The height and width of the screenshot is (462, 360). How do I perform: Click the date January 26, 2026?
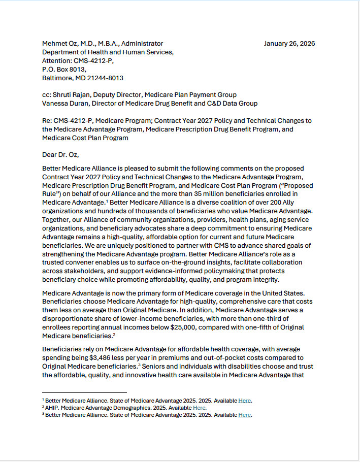[289, 44]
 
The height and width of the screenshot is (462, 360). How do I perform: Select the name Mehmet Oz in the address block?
[61, 44]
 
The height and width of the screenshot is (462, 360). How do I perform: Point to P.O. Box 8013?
[64, 70]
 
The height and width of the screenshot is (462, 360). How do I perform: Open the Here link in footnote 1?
[245, 401]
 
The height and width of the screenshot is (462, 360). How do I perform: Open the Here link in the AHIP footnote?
[199, 408]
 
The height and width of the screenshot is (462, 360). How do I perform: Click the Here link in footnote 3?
[245, 415]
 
